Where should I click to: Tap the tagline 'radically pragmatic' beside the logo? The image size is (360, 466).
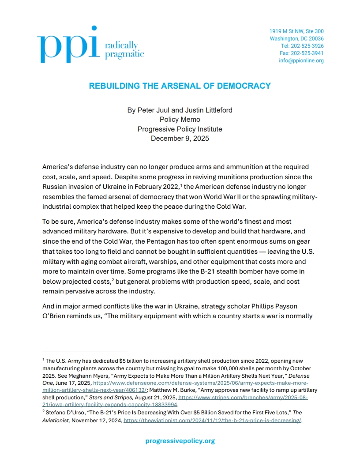[124, 50]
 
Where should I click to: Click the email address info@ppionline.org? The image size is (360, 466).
[301, 60]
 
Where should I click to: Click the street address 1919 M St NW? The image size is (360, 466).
[296, 31]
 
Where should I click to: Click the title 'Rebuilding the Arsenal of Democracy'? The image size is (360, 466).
[180, 86]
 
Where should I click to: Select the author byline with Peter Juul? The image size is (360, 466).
[180, 110]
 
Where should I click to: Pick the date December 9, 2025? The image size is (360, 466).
[180, 138]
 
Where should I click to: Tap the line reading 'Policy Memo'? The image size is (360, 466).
[180, 120]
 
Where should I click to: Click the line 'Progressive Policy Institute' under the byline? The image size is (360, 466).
[180, 129]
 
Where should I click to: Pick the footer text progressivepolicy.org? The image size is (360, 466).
[180, 441]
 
